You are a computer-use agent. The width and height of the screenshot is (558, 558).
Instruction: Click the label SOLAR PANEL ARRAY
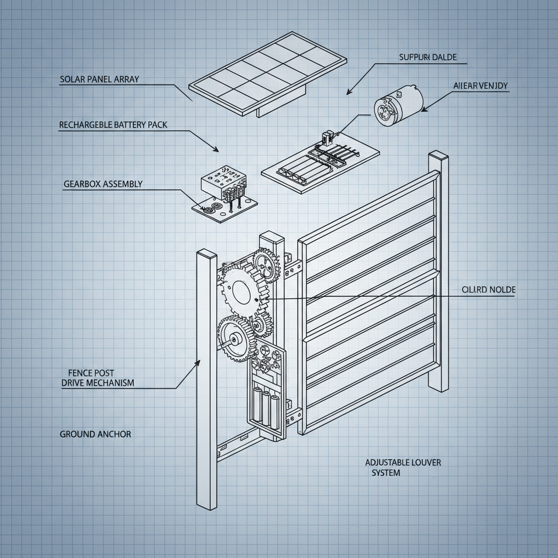[x=99, y=80]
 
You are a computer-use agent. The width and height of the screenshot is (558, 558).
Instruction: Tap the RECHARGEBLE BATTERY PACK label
[x=113, y=125]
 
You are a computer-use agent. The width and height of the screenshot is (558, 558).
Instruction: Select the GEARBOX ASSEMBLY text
[x=103, y=184]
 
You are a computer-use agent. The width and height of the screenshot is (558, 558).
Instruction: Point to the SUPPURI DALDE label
[x=428, y=57]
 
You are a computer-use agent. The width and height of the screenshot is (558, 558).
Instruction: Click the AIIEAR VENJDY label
[x=481, y=86]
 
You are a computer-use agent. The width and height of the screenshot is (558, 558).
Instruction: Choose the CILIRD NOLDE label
[x=488, y=290]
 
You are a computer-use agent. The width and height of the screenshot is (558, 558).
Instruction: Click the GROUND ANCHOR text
[x=95, y=434]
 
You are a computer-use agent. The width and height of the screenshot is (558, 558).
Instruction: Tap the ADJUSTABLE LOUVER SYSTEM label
[x=403, y=468]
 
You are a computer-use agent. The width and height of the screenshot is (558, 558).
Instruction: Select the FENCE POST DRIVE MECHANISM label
[x=98, y=378]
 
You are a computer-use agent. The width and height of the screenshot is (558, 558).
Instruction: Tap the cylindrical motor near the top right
[x=398, y=105]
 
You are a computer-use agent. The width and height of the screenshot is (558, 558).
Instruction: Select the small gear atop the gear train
[x=266, y=264]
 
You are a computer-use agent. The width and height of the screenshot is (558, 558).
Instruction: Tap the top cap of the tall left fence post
[x=207, y=253]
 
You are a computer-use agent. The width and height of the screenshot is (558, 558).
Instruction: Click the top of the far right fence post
[x=438, y=155]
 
